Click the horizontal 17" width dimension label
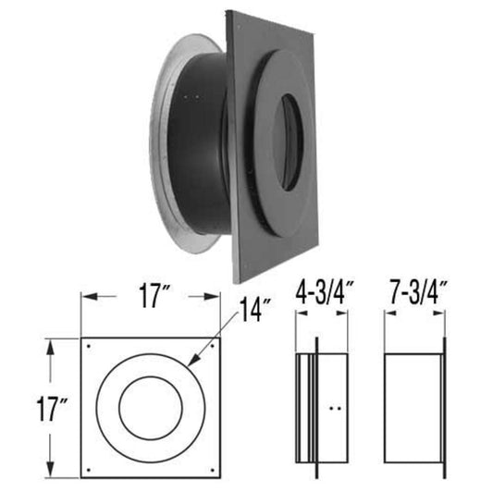pyautogui.click(x=150, y=300)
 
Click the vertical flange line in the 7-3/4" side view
pyautogui.click(x=444, y=406)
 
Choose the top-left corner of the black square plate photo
pyautogui.click(x=227, y=13)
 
